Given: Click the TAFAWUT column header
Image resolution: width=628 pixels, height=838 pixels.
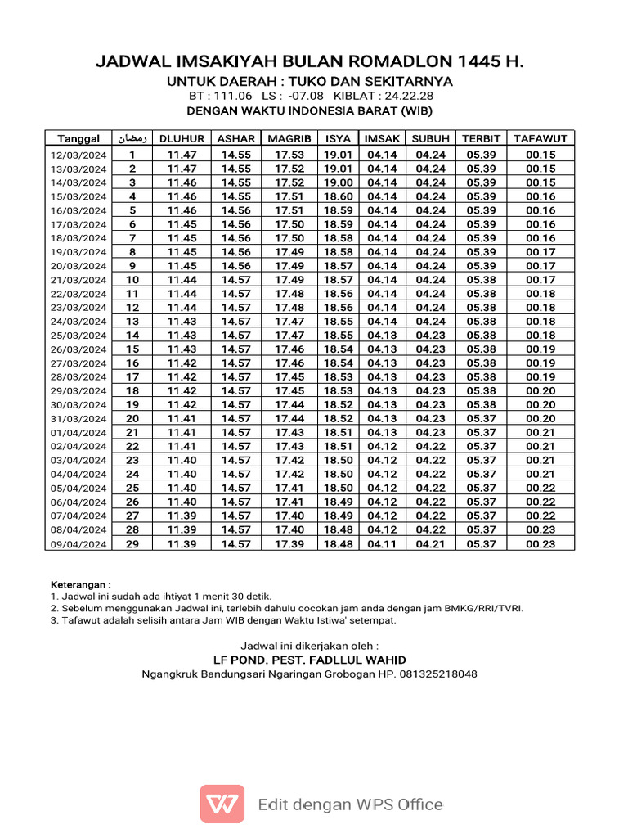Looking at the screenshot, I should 541,138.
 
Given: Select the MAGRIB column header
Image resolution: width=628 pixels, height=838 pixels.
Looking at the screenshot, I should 289,138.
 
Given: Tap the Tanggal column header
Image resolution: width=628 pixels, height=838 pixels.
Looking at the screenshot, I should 78,138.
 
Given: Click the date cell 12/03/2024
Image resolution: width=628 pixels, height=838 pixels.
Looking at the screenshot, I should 78,155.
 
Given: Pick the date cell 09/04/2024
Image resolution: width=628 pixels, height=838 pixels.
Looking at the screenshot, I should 78,544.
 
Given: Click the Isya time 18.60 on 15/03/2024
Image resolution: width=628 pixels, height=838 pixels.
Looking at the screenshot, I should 338,196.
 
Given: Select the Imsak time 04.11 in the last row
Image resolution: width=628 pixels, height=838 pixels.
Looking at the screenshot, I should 382,544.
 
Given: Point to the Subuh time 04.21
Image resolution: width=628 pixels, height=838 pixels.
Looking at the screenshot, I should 430,544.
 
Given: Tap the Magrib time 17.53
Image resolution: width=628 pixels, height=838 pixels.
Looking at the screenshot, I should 289,155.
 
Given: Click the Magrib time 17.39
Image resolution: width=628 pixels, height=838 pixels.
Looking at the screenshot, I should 289,544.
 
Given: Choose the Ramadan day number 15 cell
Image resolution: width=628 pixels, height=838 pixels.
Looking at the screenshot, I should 132,349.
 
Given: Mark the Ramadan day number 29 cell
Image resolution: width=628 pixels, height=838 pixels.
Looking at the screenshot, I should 132,544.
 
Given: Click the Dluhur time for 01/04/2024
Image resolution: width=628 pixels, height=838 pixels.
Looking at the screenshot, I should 182,433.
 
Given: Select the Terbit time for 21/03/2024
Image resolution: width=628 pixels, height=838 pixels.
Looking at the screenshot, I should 482,280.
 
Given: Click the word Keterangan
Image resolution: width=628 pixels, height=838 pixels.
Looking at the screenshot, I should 79,585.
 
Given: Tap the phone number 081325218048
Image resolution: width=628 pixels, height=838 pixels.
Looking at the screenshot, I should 441,674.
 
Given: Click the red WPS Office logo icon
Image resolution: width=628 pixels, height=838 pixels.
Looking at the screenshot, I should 222,804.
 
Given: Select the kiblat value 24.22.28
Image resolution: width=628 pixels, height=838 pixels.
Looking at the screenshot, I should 404,97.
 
